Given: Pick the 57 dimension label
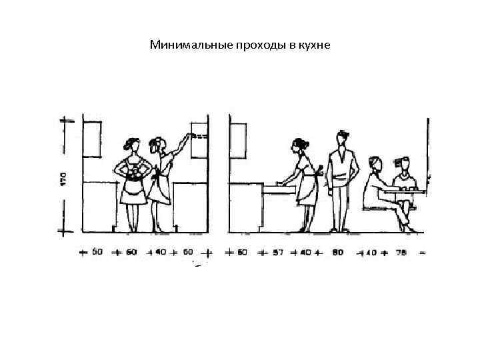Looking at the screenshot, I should [x=278, y=253].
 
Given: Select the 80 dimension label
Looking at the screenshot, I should [x=339, y=253].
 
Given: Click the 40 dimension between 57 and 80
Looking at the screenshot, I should [x=305, y=253].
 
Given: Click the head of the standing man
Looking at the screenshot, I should [x=343, y=139].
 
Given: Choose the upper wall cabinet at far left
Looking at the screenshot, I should [x=93, y=139].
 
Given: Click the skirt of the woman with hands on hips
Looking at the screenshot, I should [x=132, y=192].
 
